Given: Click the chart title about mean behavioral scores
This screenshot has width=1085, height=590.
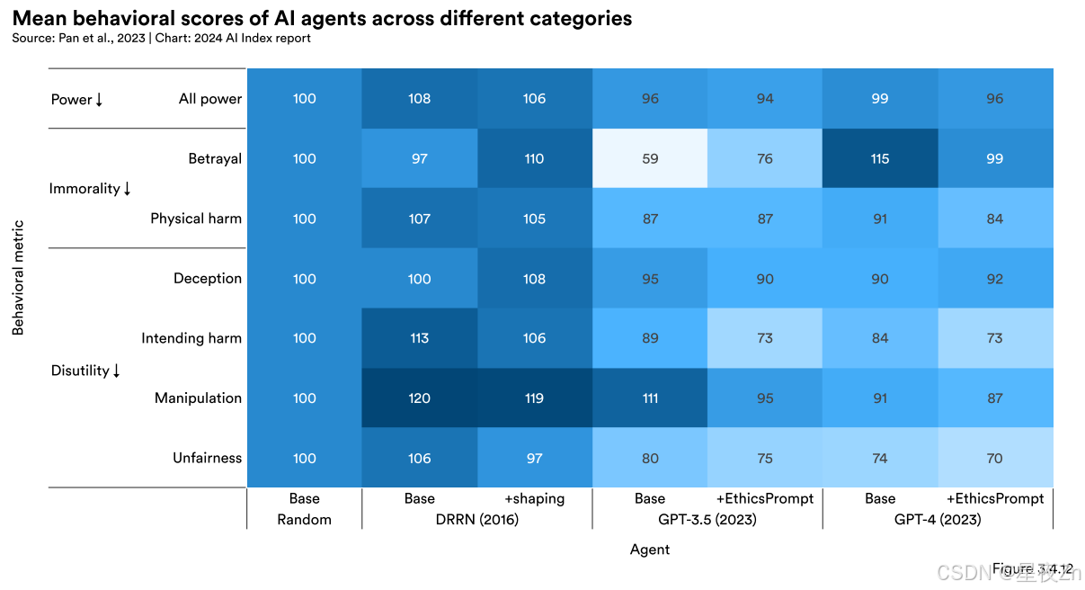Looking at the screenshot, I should (x=322, y=18).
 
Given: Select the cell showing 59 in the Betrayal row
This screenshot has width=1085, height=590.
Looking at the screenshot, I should (x=650, y=158).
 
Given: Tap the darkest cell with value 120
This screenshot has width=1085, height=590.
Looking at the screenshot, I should (x=420, y=398).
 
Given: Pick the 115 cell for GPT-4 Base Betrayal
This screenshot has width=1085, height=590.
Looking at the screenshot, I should (x=880, y=158).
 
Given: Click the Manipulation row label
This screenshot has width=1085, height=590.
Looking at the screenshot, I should (x=198, y=398).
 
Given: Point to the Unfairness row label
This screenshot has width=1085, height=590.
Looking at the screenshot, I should (x=207, y=458).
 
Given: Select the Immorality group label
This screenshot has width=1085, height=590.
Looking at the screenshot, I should (x=90, y=188).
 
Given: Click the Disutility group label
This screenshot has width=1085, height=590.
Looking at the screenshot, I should (x=85, y=371).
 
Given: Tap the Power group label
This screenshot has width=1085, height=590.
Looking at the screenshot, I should (x=76, y=99).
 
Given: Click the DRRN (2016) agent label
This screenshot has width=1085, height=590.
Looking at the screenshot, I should (x=476, y=519).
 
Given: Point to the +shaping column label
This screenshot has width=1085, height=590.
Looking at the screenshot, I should (x=534, y=498).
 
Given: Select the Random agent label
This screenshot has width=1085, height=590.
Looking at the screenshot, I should (x=304, y=519).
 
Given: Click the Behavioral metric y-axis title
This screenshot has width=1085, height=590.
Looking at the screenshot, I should (x=18, y=278).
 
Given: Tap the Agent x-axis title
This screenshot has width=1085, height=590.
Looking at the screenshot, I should (x=650, y=549).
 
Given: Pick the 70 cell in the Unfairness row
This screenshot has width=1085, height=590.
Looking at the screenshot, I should (x=995, y=458).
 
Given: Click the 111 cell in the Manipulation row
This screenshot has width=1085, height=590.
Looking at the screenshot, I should (x=650, y=398).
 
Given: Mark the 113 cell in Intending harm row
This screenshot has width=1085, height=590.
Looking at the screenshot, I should (x=420, y=338).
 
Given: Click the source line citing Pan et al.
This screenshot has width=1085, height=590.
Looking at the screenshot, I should (x=162, y=39).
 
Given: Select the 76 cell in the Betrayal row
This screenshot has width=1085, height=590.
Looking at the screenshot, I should (x=765, y=158).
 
